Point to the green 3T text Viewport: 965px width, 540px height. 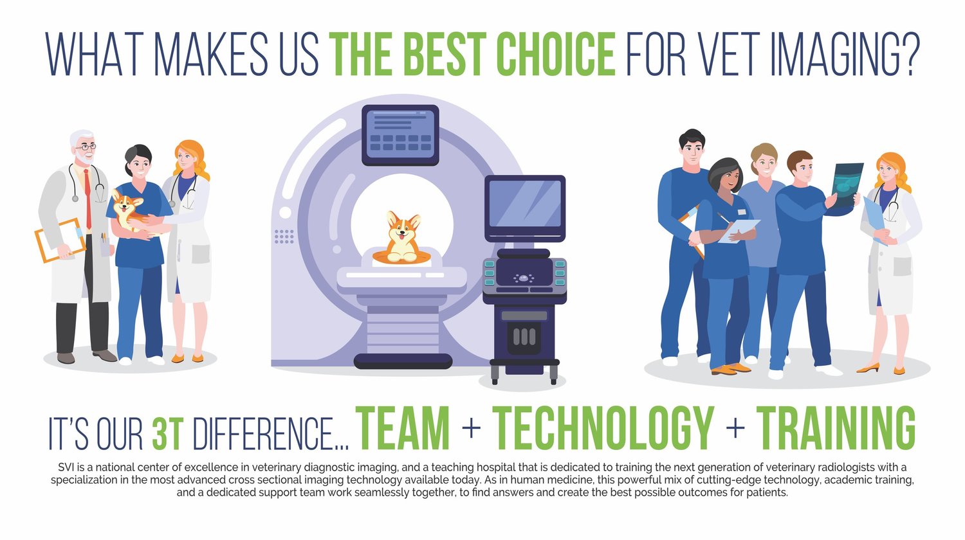tap(169, 434)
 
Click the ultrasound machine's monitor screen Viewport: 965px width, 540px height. tap(524, 204)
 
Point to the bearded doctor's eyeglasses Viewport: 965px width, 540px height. tap(86, 147)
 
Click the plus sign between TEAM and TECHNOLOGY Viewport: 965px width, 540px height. tap(471, 428)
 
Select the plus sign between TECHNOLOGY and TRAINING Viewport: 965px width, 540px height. tap(735, 428)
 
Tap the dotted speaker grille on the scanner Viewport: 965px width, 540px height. tap(284, 236)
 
